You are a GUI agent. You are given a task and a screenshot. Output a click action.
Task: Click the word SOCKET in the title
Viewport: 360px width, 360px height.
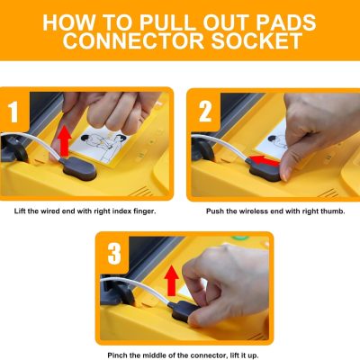[257, 40]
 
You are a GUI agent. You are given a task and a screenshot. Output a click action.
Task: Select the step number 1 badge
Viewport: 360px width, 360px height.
[13, 112]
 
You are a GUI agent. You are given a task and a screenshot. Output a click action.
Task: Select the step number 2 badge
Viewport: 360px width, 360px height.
[205, 112]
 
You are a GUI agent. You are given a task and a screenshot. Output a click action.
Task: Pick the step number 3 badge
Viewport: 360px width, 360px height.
[114, 254]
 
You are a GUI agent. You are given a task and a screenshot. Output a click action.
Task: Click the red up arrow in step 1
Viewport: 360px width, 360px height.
[65, 141]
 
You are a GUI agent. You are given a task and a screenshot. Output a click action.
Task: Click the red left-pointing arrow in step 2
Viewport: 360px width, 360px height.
[265, 161]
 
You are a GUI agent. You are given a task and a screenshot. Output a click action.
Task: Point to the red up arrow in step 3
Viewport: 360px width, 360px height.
[172, 281]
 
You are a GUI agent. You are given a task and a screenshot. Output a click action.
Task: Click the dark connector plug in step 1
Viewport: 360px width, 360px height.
[78, 169]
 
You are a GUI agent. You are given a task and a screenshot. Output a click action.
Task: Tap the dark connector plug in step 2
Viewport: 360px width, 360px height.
[264, 170]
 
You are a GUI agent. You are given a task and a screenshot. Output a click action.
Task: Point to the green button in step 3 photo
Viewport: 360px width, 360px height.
[240, 238]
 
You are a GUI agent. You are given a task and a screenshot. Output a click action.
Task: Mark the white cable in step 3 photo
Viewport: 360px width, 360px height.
[137, 283]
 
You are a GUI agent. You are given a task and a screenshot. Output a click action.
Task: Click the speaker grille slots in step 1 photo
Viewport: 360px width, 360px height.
[140, 191]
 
